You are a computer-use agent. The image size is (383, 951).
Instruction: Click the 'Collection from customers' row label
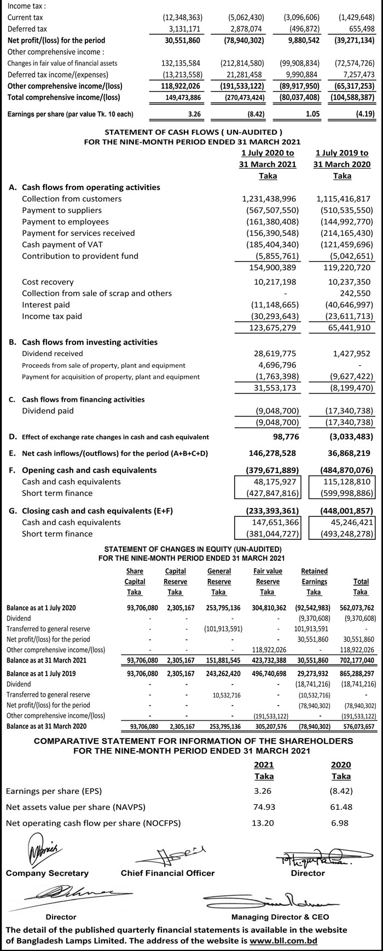[x=72, y=199]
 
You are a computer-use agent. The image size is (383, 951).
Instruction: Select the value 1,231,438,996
[x=269, y=199]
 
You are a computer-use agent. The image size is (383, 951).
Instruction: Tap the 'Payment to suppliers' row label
[x=62, y=210]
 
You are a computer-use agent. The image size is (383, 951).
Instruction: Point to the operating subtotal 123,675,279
[x=269, y=328]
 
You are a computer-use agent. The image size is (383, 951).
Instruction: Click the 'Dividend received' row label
[x=53, y=354]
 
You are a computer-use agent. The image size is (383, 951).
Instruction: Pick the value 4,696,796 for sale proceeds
[x=277, y=365]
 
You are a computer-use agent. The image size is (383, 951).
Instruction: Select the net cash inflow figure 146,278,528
[x=269, y=453]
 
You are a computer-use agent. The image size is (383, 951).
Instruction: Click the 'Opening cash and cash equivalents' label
[x=89, y=470]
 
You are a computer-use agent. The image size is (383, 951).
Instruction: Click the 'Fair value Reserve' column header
[x=268, y=576]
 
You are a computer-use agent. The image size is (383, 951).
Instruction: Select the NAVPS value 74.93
[x=264, y=807]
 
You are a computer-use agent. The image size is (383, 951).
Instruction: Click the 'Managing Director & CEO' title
[x=280, y=917]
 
